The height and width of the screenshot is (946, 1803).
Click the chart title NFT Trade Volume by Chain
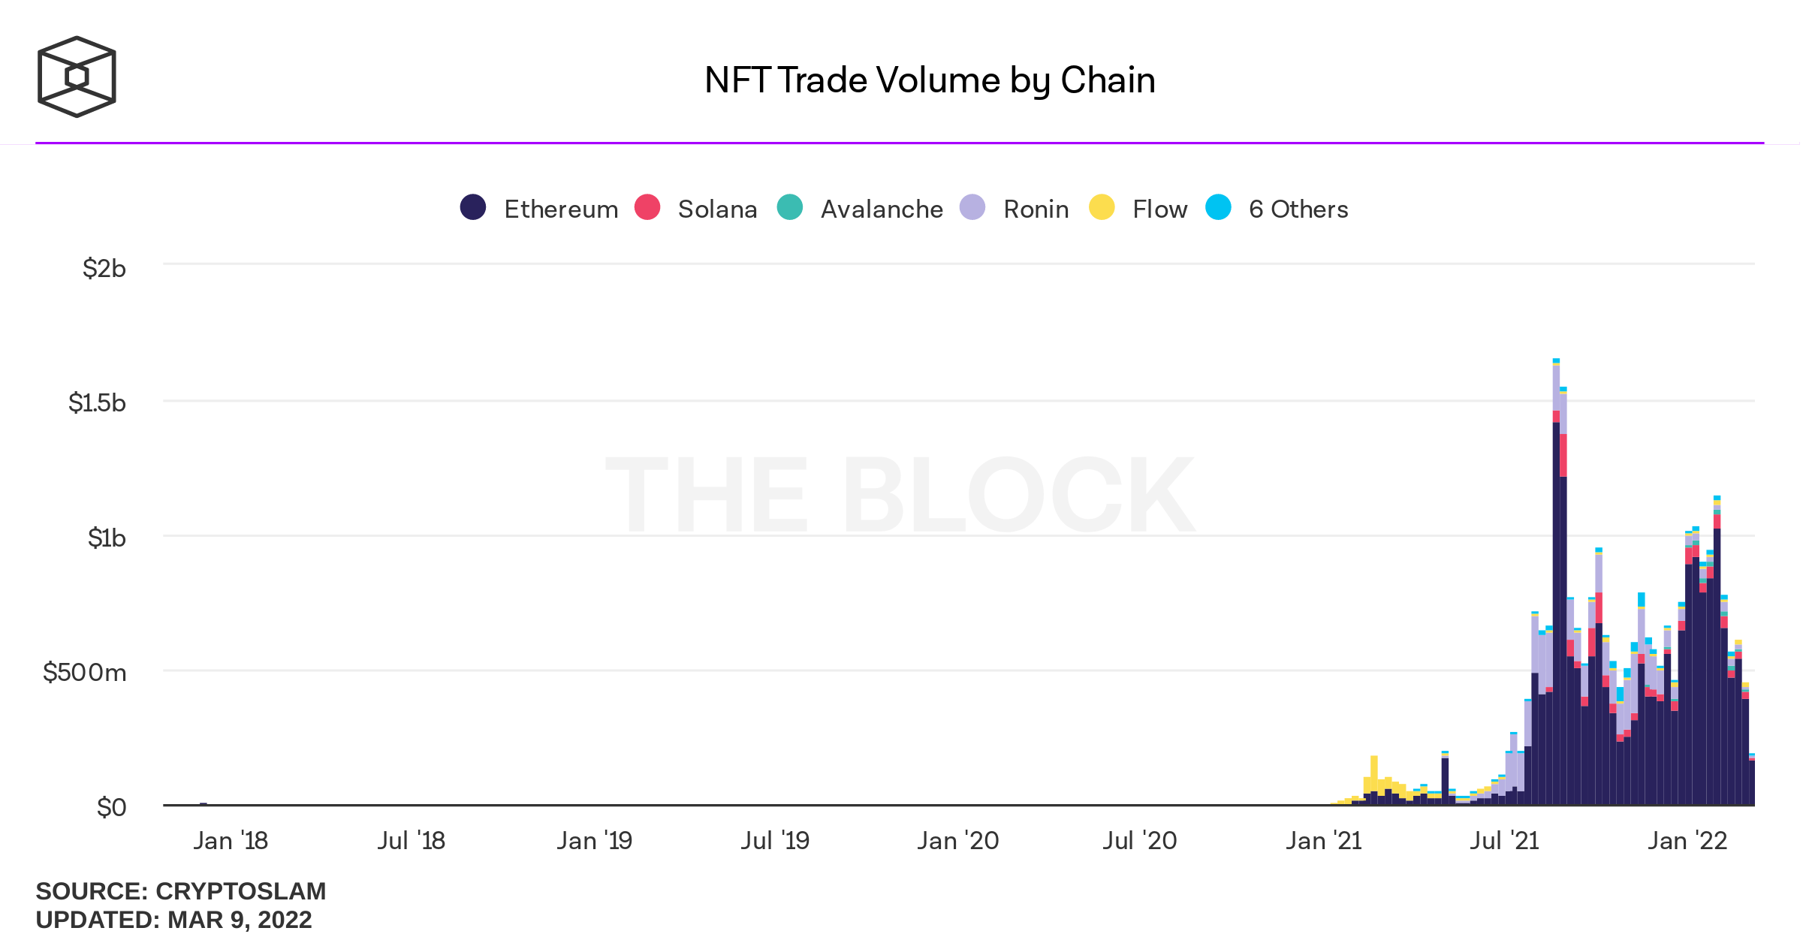(x=930, y=80)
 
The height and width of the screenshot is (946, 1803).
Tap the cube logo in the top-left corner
(x=77, y=77)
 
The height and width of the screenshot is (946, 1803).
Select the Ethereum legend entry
(x=539, y=208)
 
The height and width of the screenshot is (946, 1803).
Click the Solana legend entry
(x=696, y=208)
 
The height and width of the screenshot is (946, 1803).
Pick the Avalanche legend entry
(x=861, y=208)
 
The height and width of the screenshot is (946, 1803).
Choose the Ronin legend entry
(x=1015, y=208)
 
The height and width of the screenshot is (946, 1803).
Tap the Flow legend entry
(x=1138, y=208)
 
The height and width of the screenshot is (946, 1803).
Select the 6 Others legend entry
(x=1277, y=208)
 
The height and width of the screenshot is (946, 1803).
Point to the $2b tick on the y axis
(x=104, y=268)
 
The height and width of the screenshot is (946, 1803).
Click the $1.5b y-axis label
(x=97, y=402)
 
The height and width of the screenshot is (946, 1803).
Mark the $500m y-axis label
(x=84, y=672)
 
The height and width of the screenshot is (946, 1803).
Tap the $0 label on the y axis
(x=111, y=807)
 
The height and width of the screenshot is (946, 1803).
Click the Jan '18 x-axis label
(x=231, y=840)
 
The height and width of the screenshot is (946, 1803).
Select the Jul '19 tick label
(x=775, y=840)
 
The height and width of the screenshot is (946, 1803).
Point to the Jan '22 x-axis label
(x=1687, y=840)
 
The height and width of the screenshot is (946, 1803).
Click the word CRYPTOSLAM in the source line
(x=240, y=891)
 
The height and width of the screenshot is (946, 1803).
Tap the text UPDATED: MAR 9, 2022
(x=173, y=920)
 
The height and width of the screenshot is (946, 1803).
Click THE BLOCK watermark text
(x=900, y=496)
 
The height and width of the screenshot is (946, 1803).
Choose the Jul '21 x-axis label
(x=1504, y=840)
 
